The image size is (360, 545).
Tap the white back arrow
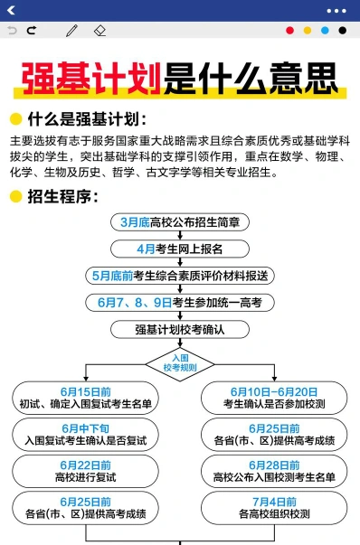[x=11, y=10]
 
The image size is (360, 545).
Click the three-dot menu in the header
[x=336, y=11]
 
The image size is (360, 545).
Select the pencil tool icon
[x=72, y=31]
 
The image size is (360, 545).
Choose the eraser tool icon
[x=99, y=31]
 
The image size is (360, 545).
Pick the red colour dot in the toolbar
[x=289, y=31]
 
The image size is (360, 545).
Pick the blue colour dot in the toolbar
[x=325, y=31]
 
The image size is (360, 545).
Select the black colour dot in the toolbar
[x=343, y=31]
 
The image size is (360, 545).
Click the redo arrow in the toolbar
[x=32, y=31]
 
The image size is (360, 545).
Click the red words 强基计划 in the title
[x=91, y=79]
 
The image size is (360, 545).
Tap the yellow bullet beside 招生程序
[x=15, y=196]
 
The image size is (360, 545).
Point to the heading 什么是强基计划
[x=87, y=119]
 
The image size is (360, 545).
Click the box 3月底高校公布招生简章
[x=180, y=222]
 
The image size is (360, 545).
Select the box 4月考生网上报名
[x=180, y=249]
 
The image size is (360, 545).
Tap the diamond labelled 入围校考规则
[x=180, y=364]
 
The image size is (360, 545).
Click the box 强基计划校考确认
[x=180, y=330]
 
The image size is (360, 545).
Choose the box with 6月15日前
[x=86, y=398]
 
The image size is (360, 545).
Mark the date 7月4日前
[x=274, y=502]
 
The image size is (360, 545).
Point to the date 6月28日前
[x=274, y=465]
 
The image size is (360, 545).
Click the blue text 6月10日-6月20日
[x=274, y=392]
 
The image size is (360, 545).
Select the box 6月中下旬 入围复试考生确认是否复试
[x=86, y=435]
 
